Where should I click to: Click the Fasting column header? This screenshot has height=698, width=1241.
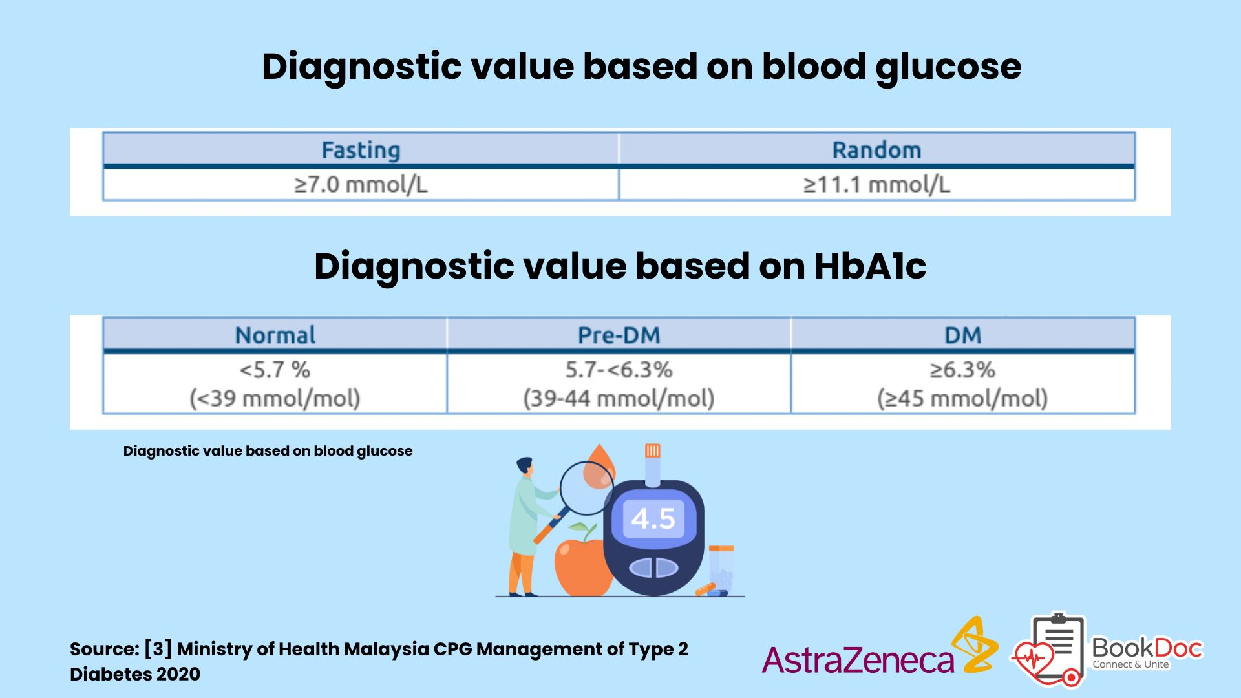[361, 150]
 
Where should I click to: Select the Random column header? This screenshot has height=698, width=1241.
[876, 150]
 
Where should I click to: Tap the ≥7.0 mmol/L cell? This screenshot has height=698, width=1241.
[361, 185]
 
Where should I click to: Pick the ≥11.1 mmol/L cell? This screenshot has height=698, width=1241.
[876, 185]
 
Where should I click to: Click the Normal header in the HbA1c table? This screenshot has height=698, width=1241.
[275, 335]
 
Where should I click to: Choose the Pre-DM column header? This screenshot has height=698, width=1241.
[619, 335]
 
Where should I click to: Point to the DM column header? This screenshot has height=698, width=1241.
[962, 335]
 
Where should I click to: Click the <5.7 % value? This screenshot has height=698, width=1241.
[275, 370]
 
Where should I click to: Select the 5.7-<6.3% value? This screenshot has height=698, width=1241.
[619, 370]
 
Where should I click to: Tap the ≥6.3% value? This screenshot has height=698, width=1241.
[962, 370]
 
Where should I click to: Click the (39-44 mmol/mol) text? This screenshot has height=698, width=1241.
[619, 398]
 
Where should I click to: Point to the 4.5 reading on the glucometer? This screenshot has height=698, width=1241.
[653, 518]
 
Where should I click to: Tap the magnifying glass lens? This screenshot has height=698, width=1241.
[586, 488]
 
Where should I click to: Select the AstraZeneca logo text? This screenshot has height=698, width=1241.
[858, 660]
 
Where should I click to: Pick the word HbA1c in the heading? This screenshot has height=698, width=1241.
[870, 266]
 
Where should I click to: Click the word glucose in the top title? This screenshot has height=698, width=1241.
[948, 67]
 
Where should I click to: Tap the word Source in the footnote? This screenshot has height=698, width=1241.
[104, 649]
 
